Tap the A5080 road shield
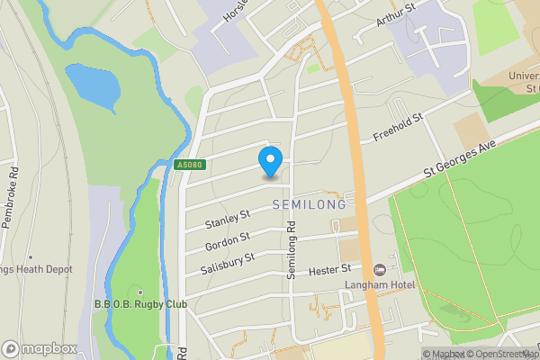[x=188, y=166]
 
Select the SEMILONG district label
[x=309, y=205]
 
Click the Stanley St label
[x=227, y=218]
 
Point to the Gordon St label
[x=227, y=239]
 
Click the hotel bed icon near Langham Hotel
[x=380, y=270]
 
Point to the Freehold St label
[x=397, y=128]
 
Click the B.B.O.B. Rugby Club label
[x=140, y=304]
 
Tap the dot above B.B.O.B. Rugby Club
[x=140, y=292]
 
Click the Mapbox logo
[x=39, y=348]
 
